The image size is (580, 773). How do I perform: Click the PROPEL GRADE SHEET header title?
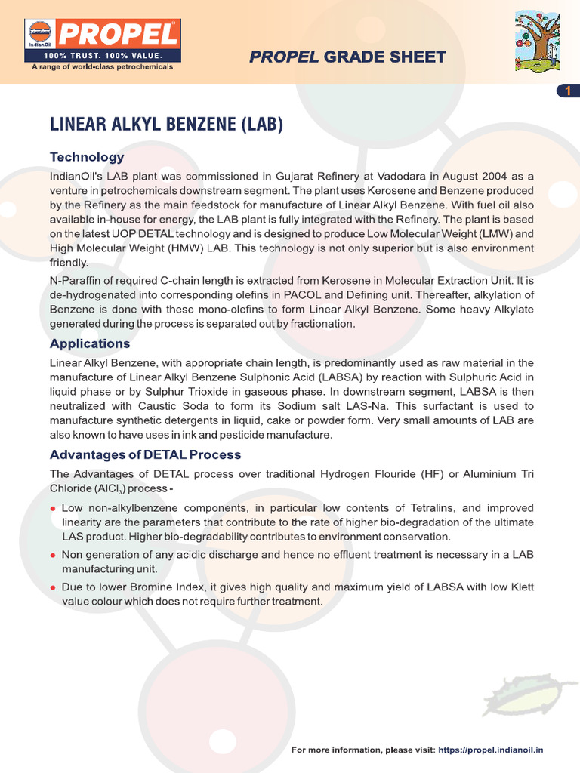click(347, 57)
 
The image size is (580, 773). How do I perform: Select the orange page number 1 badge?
click(567, 91)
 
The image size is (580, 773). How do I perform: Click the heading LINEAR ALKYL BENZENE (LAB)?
click(166, 124)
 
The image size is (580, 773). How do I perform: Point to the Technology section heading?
click(87, 157)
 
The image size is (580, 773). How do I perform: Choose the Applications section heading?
click(90, 343)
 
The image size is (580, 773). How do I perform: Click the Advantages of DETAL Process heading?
click(145, 454)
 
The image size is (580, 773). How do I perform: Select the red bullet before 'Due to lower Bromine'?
click(53, 587)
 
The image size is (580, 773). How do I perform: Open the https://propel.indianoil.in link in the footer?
click(491, 750)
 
